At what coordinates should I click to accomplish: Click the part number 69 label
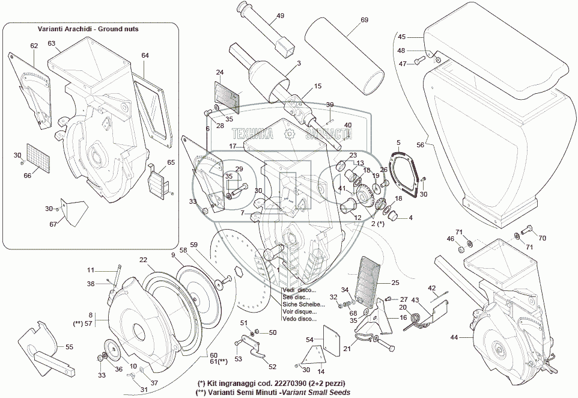coord(364,20)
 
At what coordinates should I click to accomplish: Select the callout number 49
coord(281,16)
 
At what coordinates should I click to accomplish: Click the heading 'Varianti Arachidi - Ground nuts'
coord(91,29)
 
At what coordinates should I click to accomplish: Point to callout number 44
coord(453,337)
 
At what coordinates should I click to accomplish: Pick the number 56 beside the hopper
coord(421,145)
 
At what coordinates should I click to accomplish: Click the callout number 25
coord(394,282)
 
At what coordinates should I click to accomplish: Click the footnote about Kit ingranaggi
coord(271,383)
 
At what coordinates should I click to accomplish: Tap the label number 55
coord(69,347)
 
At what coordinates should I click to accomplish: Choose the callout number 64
coord(145,55)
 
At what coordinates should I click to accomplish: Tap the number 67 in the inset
coord(53,224)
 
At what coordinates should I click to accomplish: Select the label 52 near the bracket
coord(272,366)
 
